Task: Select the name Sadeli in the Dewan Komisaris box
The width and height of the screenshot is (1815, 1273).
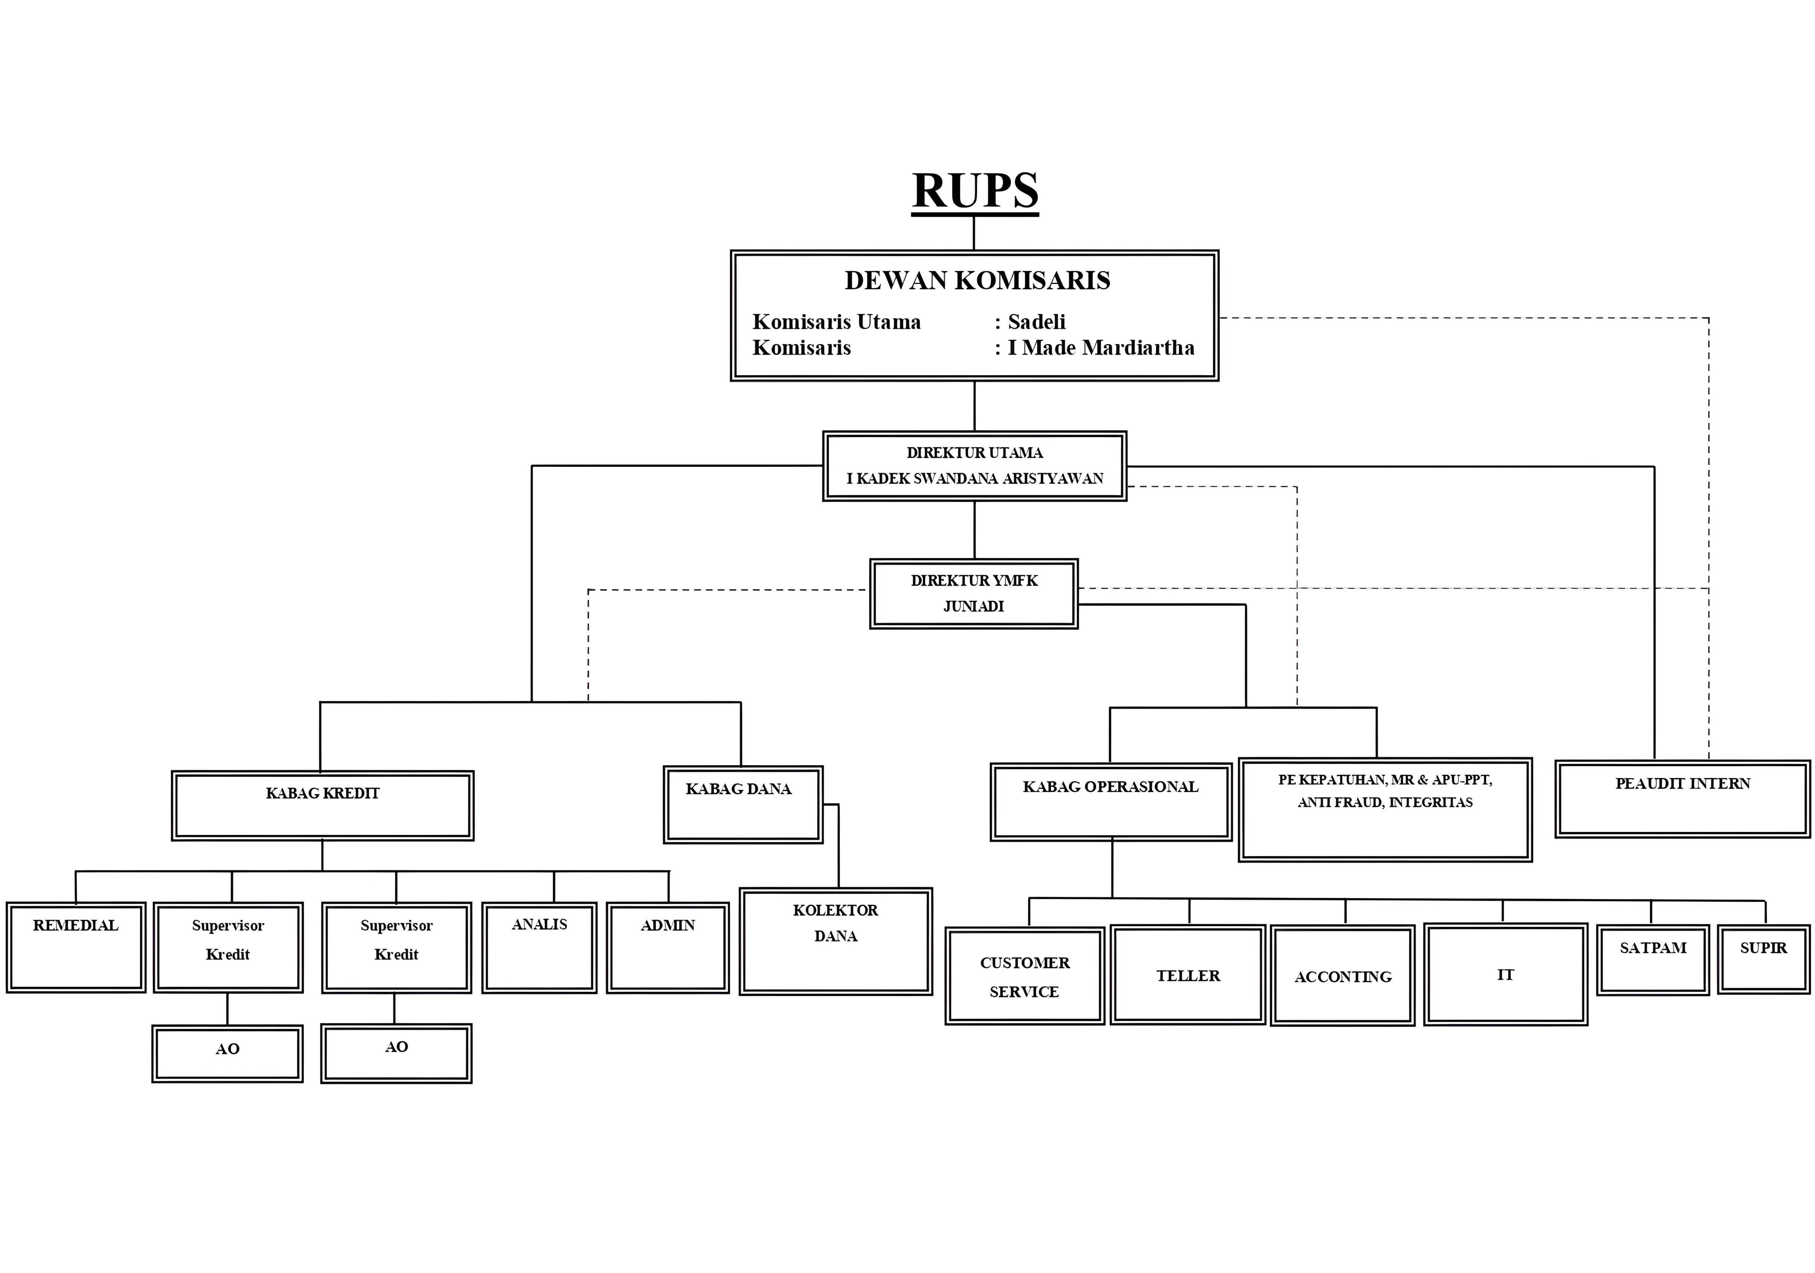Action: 1036,322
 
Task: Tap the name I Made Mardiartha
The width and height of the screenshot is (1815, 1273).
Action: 1100,348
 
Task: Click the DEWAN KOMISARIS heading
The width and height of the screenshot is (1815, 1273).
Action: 977,281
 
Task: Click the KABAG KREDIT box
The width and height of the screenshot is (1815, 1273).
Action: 322,805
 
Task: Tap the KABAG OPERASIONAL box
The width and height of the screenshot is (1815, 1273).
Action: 1111,802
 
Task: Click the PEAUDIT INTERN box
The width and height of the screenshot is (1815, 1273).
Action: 1682,799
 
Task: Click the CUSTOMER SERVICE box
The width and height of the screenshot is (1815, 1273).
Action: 1025,977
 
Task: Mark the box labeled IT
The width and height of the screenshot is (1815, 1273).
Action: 1505,975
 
